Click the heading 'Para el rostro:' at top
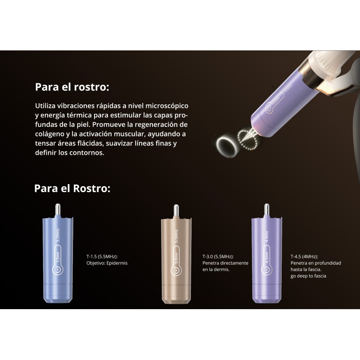72,87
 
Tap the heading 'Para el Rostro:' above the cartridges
72,188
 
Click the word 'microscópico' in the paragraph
167,106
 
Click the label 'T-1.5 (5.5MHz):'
102,256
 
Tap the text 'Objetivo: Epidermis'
107,263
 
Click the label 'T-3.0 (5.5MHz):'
218,256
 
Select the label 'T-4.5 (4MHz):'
304,256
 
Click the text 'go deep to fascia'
308,276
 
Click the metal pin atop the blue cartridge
58,210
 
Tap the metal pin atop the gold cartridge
176,211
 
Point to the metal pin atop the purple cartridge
266,210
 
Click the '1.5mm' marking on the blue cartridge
58,257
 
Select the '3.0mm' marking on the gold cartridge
176,258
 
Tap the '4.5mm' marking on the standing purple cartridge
267,257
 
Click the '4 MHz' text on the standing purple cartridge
267,237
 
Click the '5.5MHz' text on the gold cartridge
176,236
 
